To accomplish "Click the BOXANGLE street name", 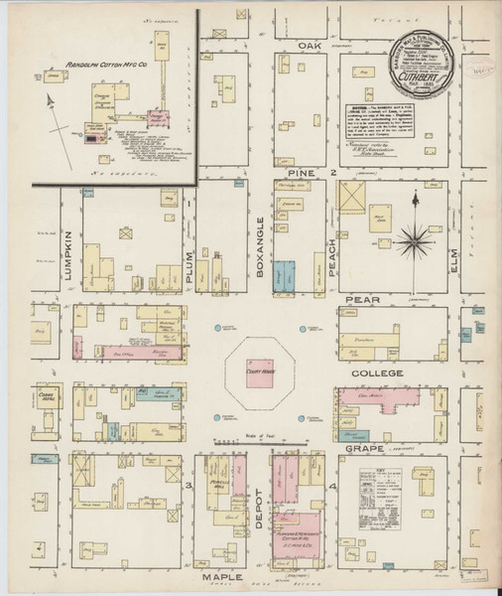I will [259, 248].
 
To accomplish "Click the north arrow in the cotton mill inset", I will [48, 101].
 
